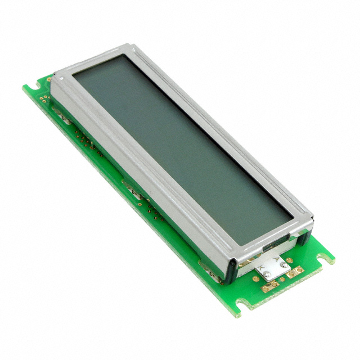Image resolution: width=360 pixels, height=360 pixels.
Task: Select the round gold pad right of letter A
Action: tap(289, 260)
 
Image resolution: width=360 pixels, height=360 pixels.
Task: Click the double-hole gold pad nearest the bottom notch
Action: tap(270, 286)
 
